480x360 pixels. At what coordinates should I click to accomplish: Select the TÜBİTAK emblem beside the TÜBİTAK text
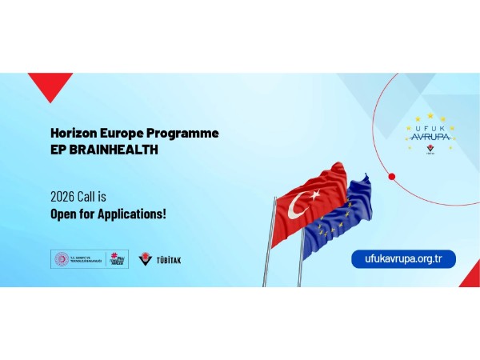pos(145,259)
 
